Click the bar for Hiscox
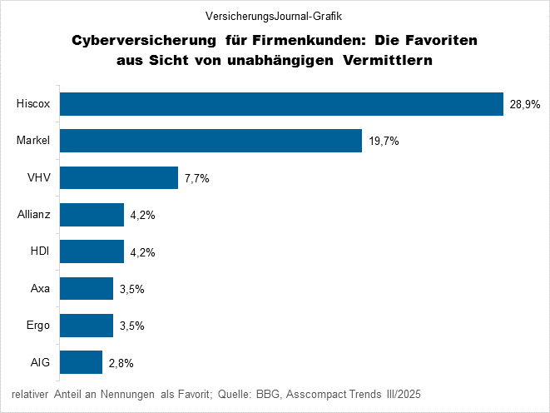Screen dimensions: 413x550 coord(281,104)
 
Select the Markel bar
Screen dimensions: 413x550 coord(211,141)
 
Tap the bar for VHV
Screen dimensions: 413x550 coord(119,177)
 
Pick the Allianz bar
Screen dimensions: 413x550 coord(92,215)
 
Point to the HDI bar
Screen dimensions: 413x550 coord(92,251)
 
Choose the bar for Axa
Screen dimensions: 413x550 coord(87,288)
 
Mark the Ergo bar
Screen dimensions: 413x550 coord(87,326)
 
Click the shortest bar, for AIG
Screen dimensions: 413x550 coord(82,362)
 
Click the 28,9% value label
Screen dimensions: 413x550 coord(525,105)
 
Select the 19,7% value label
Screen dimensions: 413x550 coord(384,142)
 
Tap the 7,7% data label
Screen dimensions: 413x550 coord(197,178)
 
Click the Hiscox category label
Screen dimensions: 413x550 coord(33,104)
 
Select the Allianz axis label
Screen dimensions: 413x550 coord(34,215)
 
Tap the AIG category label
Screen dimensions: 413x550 coord(41,362)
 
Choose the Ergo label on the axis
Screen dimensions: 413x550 coord(38,326)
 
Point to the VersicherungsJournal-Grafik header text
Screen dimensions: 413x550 coord(275,15)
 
